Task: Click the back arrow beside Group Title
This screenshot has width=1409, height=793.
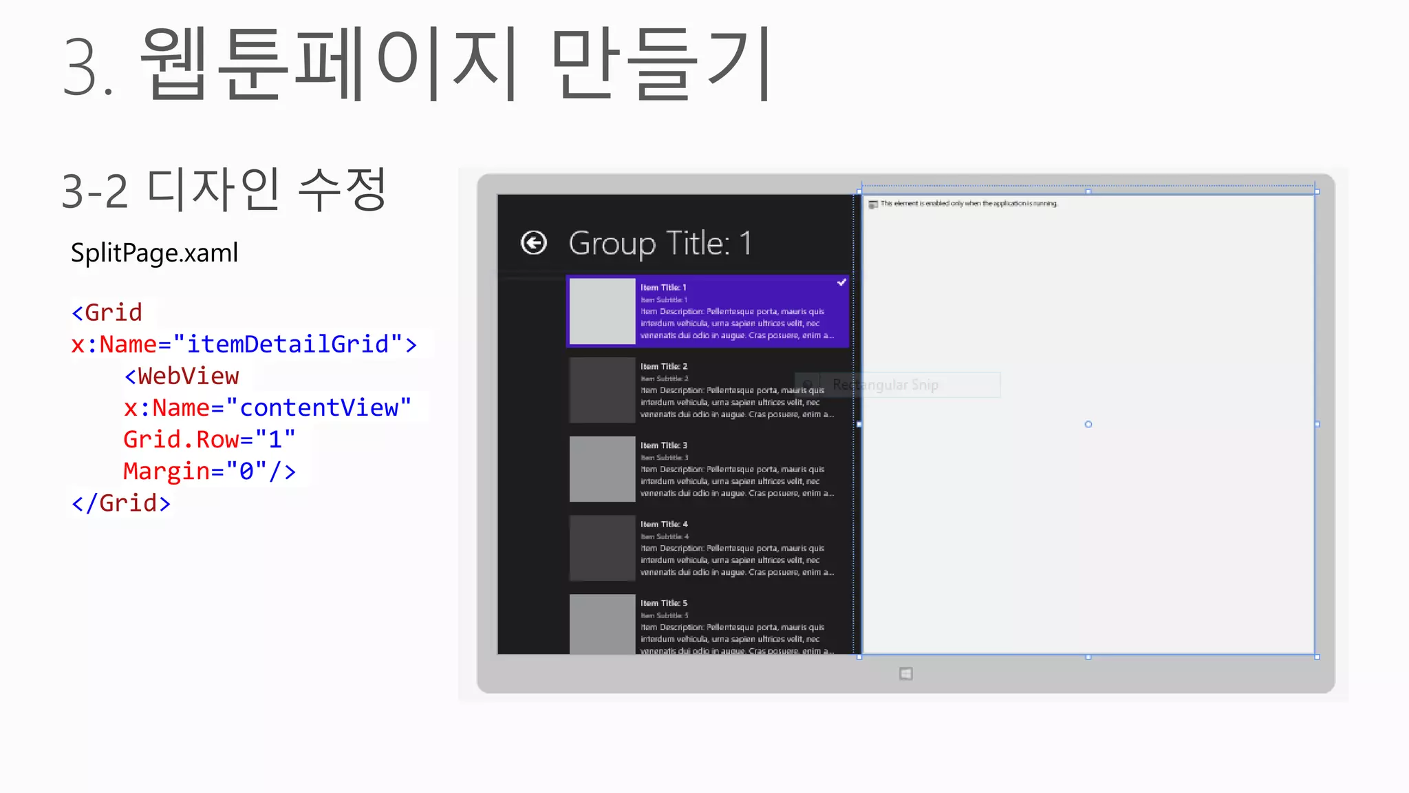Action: tap(534, 243)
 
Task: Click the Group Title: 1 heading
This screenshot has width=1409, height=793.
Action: tap(660, 244)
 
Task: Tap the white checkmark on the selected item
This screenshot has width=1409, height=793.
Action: tap(841, 282)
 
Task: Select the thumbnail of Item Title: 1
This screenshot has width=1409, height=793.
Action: tap(602, 311)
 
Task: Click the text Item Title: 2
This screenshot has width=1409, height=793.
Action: tap(664, 366)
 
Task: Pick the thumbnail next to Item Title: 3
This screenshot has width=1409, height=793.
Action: tap(602, 469)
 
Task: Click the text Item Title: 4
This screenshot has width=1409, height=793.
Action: tap(664, 524)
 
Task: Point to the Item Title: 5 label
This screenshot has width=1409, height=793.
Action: tap(664, 603)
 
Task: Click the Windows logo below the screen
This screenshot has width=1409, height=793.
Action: tap(906, 674)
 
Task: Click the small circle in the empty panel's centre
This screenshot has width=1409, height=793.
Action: tap(1088, 424)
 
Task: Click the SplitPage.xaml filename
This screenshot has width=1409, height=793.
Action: tap(154, 253)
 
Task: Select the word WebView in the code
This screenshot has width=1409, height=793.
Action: tap(188, 376)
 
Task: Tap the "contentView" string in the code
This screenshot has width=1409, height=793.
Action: tap(319, 408)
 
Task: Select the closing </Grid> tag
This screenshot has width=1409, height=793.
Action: tap(121, 503)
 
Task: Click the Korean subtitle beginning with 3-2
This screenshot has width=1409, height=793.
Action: tap(224, 189)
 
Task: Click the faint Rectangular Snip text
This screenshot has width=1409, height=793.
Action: tap(885, 385)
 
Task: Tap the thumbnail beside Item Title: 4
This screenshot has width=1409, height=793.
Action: tap(602, 548)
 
